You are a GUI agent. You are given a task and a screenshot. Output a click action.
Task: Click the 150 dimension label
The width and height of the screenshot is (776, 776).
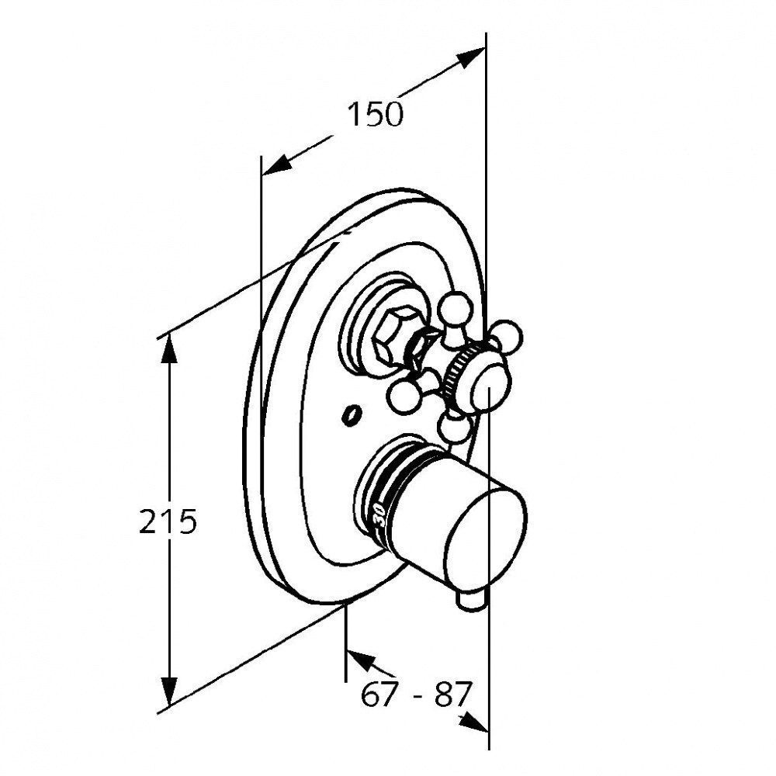click(375, 114)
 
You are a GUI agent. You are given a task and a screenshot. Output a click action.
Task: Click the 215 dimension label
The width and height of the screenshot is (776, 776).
click(168, 521)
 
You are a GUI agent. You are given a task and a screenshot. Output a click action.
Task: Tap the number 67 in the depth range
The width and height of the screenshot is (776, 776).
click(379, 695)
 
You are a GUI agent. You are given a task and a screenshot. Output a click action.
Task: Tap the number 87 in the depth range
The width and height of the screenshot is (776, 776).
click(451, 695)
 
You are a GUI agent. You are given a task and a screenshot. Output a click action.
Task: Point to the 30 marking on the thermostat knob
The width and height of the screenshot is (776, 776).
click(379, 514)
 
